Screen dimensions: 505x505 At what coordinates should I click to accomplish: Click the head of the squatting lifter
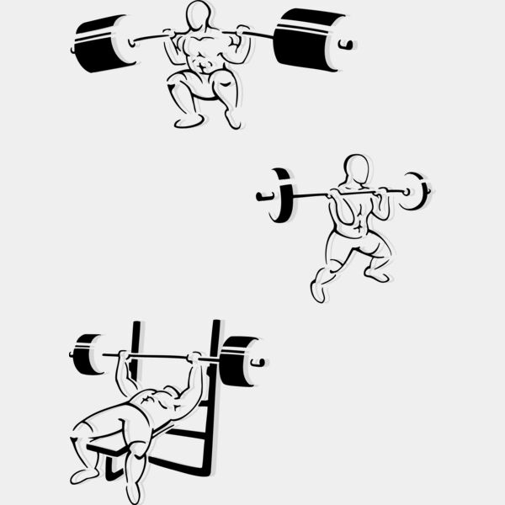199,15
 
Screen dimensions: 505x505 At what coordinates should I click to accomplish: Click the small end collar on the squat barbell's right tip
346,44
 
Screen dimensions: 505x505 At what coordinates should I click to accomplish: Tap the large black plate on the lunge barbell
281,195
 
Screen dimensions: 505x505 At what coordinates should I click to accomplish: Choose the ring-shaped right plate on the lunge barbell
414,190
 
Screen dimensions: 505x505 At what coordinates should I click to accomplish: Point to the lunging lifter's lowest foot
317,291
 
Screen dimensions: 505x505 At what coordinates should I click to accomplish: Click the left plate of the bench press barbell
87,354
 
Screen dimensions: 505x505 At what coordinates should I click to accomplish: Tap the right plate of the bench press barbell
239,361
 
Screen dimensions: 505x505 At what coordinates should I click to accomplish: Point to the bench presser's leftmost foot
83,476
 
